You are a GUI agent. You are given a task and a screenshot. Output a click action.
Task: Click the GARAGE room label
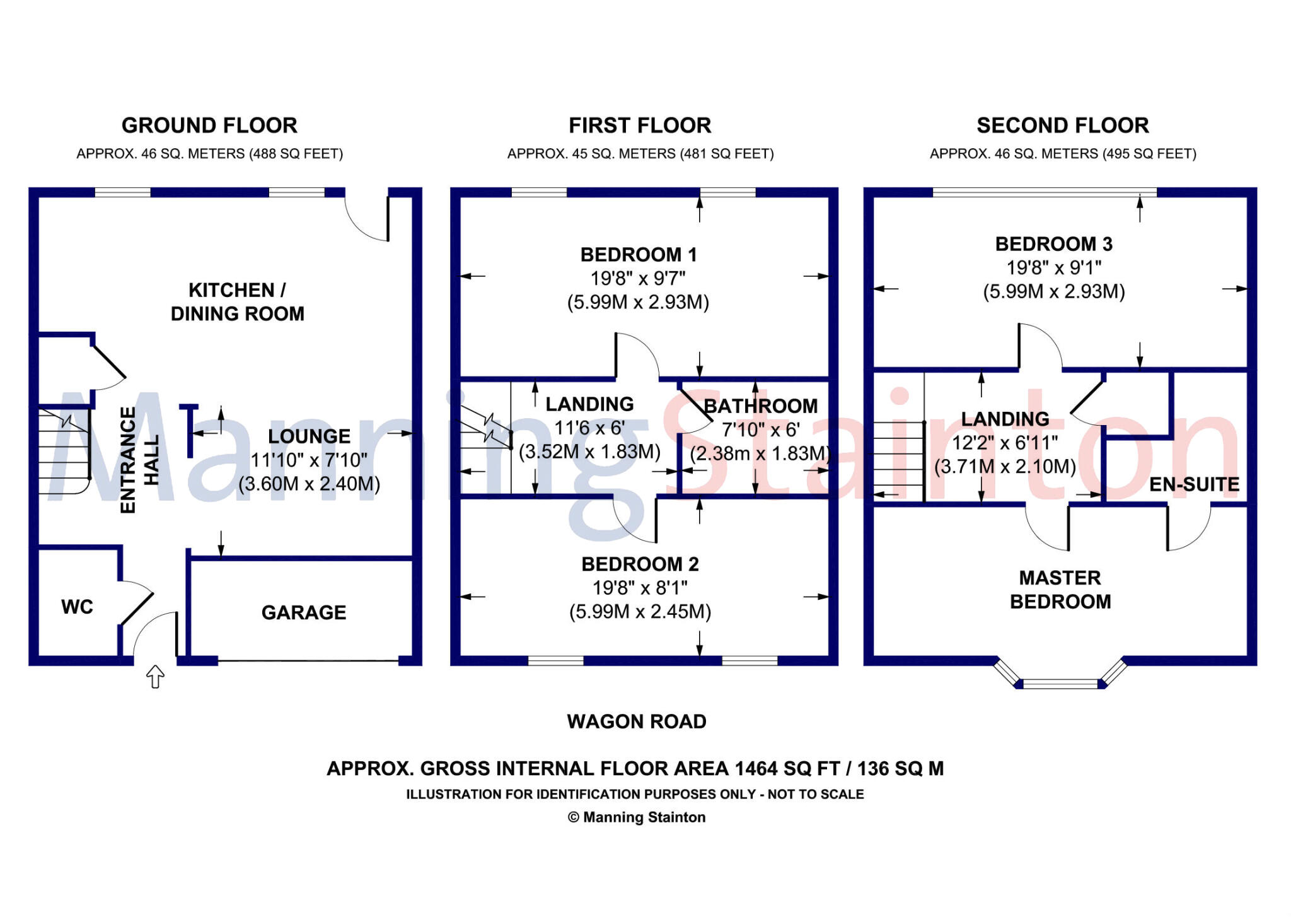pos(304,612)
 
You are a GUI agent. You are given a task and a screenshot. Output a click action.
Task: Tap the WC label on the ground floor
pos(77,607)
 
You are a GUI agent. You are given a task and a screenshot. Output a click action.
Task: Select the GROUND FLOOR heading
pos(209,126)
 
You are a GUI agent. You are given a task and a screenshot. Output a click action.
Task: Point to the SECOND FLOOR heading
pos(1063,126)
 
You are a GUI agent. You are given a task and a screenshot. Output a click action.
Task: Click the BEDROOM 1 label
pos(639,255)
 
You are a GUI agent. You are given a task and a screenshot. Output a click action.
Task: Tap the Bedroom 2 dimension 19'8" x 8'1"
pos(640,588)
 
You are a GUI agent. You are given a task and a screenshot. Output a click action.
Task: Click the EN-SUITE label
pos(1194,484)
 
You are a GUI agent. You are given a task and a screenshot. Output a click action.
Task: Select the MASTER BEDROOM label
pos(1060,590)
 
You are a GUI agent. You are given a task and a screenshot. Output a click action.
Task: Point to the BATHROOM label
pos(760,406)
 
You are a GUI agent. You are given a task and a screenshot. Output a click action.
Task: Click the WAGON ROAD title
pos(637,721)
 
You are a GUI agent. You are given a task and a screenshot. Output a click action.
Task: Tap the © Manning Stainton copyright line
pos(637,817)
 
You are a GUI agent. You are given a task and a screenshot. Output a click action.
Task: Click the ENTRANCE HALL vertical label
pos(139,460)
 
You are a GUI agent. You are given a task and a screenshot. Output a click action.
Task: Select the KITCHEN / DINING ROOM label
pos(238,302)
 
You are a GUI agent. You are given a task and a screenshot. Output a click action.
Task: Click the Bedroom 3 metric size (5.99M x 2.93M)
pos(1054,291)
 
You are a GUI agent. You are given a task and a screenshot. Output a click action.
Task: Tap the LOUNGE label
pos(309,436)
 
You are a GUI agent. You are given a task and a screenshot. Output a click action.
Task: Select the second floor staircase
pos(898,462)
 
